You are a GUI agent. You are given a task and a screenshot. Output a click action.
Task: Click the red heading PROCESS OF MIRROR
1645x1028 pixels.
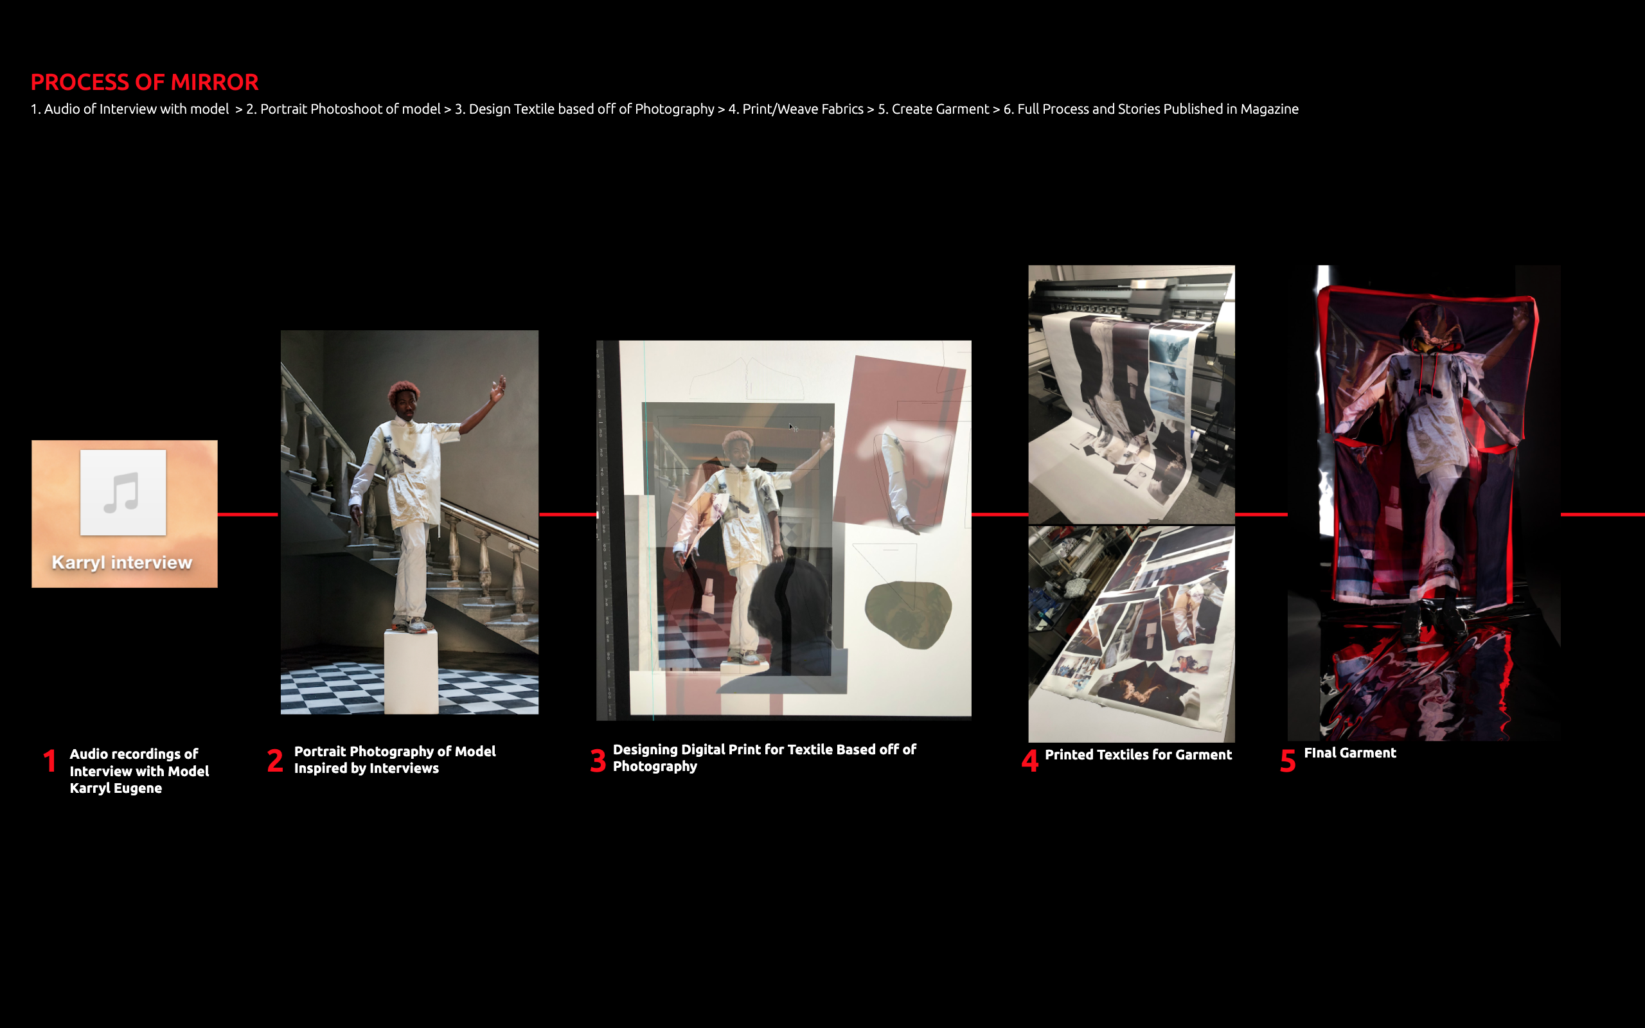pos(144,82)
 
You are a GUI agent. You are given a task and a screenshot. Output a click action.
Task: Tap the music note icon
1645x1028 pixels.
pos(122,492)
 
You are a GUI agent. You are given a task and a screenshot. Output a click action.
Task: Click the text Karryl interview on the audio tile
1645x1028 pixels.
pos(122,562)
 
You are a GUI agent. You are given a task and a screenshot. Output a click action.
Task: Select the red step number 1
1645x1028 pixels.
pos(49,761)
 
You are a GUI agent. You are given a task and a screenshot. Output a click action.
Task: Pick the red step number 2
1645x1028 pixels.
pos(274,761)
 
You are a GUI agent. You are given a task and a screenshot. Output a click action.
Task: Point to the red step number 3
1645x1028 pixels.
pos(598,761)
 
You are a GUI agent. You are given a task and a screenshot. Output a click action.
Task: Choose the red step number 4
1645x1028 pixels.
pos(1030,761)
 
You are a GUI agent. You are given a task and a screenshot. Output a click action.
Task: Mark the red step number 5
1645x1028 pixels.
pos(1288,761)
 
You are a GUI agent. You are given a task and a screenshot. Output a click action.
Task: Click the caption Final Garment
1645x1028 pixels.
pos(1350,752)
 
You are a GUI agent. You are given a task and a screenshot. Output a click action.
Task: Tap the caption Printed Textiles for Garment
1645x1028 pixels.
pos(1138,755)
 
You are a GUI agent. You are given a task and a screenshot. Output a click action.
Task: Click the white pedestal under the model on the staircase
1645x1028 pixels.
pos(411,672)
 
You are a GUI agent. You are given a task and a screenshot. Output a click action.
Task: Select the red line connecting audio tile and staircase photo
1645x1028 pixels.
pos(248,515)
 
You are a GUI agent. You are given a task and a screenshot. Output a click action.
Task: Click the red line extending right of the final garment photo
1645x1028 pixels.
pos(1602,515)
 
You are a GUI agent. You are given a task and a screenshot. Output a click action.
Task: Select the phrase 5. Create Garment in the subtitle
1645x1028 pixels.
pos(933,109)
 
